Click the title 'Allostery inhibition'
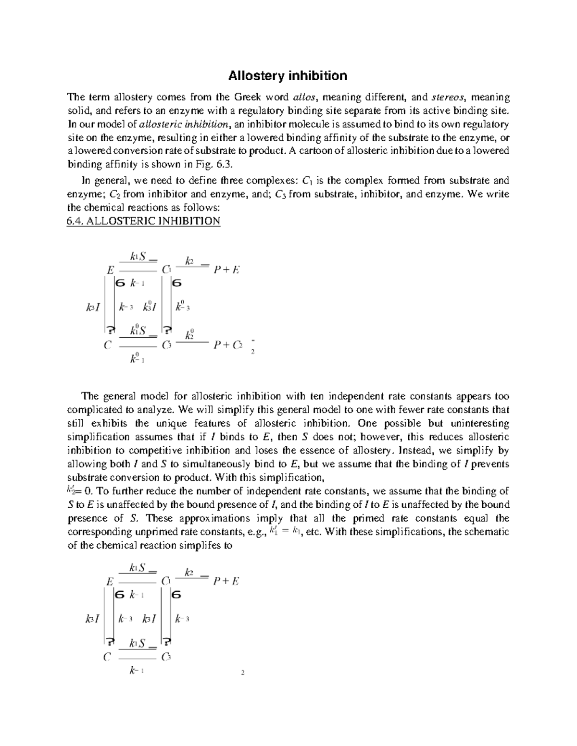click(x=288, y=76)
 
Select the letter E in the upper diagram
click(x=110, y=270)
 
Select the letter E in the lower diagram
click(x=110, y=581)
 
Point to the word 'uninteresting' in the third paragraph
click(x=480, y=424)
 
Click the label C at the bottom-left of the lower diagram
click(x=107, y=657)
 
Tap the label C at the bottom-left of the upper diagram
click(x=107, y=345)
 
